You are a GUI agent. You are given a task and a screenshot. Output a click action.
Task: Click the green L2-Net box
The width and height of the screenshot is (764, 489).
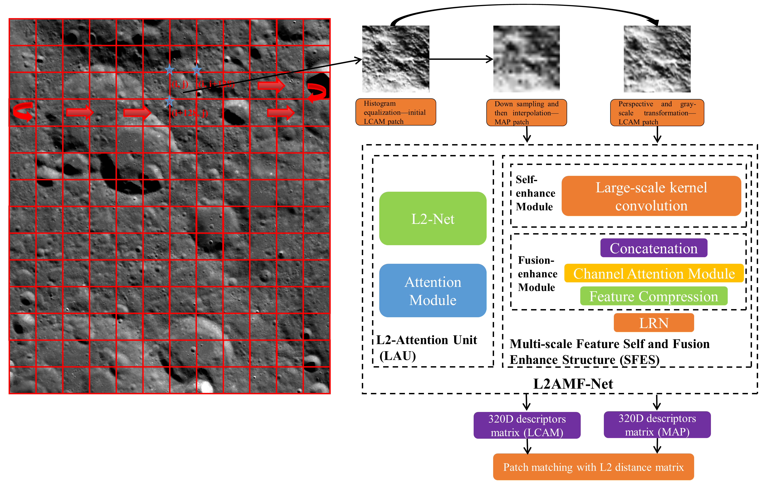[x=433, y=218]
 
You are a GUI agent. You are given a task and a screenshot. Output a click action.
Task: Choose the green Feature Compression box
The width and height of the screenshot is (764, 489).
[x=653, y=296]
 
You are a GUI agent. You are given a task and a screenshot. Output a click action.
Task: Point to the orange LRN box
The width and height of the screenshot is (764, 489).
[x=653, y=323]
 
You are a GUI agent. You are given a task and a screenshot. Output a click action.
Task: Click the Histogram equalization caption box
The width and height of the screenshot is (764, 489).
[x=395, y=112]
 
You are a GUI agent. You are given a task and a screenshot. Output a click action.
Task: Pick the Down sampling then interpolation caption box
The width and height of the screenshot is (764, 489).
[x=526, y=113]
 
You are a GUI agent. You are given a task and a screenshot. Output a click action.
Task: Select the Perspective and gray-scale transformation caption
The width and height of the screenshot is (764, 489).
[x=657, y=113]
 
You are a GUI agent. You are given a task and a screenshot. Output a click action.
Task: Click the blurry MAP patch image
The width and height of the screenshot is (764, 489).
[x=526, y=59]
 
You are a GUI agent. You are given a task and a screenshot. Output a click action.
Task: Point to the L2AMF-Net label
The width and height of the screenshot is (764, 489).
[x=573, y=384]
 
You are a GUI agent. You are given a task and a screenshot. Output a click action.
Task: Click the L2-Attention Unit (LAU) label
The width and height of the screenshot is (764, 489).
[x=426, y=347]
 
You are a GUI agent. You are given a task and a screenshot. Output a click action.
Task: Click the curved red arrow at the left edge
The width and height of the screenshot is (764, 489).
[x=22, y=111]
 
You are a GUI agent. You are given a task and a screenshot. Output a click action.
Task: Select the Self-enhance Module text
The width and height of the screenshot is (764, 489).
[x=535, y=193]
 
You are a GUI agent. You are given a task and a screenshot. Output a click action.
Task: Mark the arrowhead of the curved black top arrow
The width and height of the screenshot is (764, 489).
[x=655, y=22]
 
